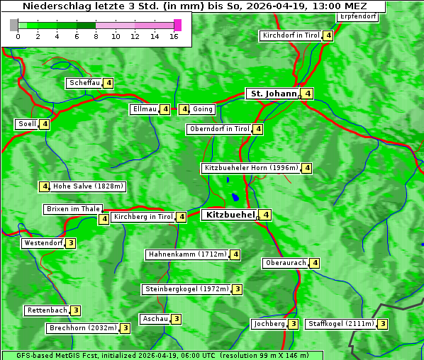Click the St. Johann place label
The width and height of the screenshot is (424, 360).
272,94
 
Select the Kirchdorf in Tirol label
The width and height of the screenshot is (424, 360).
291,35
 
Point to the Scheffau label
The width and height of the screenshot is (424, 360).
84,83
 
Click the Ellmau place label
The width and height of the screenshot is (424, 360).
143,109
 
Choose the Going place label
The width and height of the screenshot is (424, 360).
202,109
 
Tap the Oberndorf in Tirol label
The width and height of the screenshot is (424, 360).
219,129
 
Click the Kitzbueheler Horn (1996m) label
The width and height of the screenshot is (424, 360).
250,168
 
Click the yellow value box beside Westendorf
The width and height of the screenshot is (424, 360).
71,243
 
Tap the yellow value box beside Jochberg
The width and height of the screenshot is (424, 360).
294,324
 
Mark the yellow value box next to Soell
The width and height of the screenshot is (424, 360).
45,124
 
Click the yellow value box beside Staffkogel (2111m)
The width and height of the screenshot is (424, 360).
383,324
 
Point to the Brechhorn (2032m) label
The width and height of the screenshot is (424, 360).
82,328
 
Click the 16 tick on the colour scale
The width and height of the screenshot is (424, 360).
174,35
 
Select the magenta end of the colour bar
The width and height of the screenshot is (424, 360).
177,25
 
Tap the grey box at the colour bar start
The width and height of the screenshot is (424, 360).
14,25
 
